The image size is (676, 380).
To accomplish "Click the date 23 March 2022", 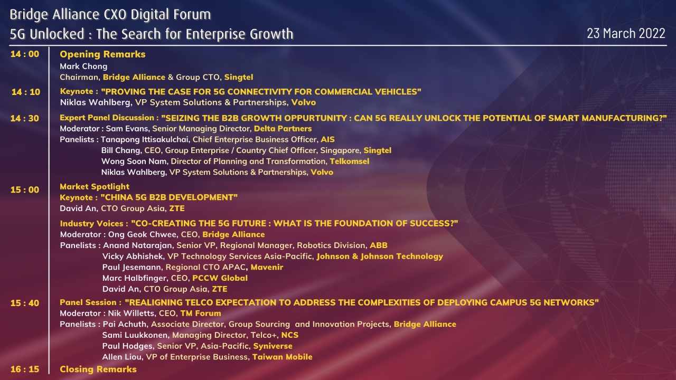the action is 626,33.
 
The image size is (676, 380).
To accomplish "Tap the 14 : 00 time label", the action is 25,54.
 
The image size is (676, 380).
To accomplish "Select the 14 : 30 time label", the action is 25,118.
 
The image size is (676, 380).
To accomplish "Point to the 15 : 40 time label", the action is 25,303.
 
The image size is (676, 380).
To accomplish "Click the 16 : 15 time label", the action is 25,369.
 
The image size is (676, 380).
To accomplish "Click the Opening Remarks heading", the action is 102,54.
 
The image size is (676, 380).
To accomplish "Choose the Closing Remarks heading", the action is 98,369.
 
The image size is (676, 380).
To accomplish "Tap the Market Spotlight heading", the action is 95,187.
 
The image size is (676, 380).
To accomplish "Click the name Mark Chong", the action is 83,66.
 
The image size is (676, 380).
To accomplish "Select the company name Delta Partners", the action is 283,129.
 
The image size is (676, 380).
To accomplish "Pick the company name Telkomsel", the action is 350,161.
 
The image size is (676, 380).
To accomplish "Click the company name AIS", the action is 328,140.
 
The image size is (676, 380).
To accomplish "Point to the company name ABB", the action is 379,245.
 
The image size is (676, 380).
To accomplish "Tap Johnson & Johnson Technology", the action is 380,256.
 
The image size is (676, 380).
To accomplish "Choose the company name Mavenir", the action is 267,267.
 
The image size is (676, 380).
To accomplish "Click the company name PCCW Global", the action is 220,278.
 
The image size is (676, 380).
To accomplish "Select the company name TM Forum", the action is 201,313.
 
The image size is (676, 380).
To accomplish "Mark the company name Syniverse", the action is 273,346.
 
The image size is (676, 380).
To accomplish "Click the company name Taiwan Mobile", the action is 283,357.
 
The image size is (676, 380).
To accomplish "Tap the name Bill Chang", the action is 121,150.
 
